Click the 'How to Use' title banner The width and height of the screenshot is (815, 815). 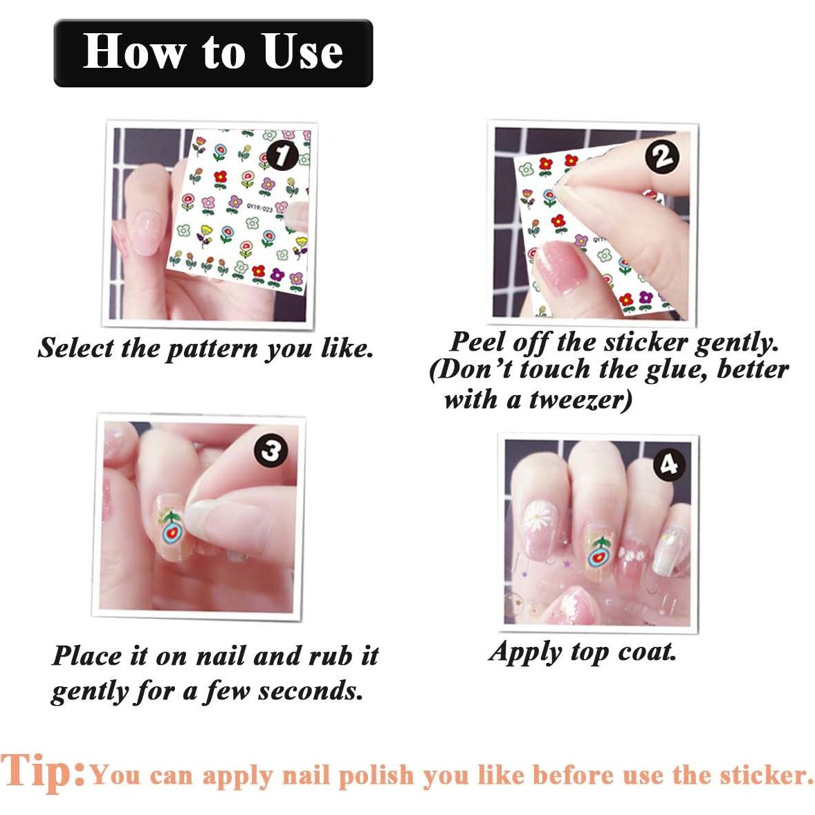point(213,53)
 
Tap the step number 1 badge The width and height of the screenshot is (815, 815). point(282,157)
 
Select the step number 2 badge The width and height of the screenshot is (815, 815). point(662,158)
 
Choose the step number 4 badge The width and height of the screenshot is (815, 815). point(668,464)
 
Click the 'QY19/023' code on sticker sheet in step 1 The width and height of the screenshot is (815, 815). point(260,208)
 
